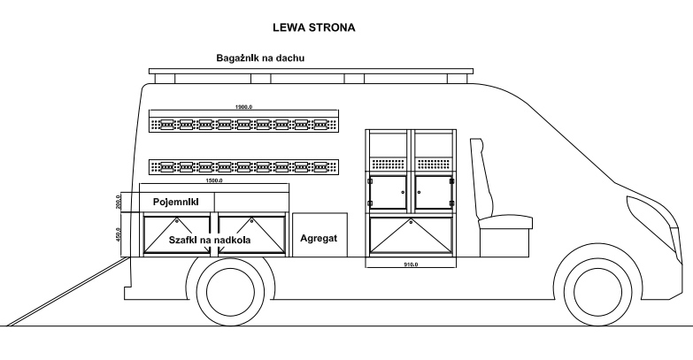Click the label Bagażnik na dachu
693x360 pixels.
[x=261, y=58]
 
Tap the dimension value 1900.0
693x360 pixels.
[x=243, y=107]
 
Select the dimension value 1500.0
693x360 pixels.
[x=213, y=180]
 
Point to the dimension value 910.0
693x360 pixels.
[x=410, y=264]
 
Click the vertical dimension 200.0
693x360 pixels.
[x=117, y=202]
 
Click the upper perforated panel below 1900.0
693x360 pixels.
[x=243, y=123]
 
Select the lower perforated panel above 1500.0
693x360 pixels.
[x=243, y=165]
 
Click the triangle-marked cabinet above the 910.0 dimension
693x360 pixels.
[x=411, y=235]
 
